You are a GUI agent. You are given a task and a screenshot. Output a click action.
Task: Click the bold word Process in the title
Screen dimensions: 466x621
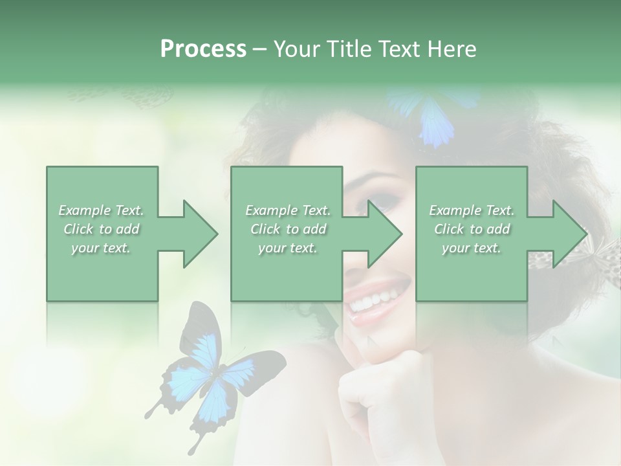pyautogui.click(x=203, y=49)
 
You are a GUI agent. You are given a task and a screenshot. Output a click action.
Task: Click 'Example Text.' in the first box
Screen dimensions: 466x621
pyautogui.click(x=101, y=210)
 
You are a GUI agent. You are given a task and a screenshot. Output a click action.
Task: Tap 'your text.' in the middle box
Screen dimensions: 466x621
pyautogui.click(x=287, y=248)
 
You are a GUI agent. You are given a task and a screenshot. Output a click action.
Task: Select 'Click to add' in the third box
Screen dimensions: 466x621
pyautogui.click(x=472, y=229)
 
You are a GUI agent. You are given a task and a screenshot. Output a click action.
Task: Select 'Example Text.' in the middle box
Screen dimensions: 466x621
pyautogui.click(x=287, y=210)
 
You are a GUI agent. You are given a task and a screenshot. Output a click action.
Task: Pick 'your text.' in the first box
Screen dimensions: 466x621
pyautogui.click(x=101, y=248)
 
